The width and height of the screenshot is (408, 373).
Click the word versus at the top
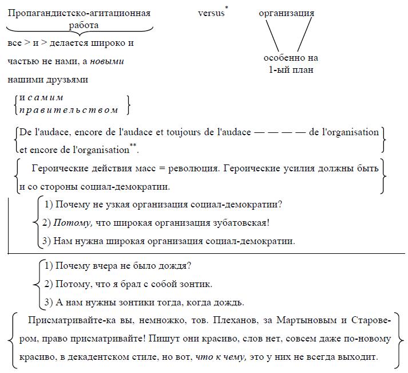click(x=211, y=13)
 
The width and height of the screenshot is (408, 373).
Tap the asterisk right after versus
click(x=227, y=8)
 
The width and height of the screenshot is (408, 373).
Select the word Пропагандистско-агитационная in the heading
click(x=79, y=13)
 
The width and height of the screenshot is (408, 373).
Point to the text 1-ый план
click(x=291, y=70)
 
